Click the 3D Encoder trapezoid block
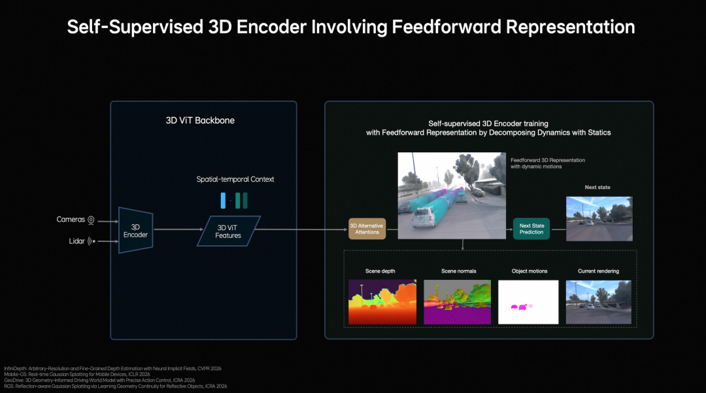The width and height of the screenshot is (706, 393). [135, 230]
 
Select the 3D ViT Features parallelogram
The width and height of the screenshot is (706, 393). [229, 231]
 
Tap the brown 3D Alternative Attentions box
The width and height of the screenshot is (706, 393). [367, 228]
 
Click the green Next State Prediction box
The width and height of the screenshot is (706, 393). [531, 228]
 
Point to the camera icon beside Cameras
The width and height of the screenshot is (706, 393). [92, 220]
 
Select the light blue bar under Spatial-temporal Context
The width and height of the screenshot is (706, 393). [223, 201]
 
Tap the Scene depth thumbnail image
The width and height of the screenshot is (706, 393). [382, 302]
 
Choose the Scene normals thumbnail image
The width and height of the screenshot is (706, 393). [457, 302]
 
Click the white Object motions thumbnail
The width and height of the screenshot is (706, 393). [528, 302]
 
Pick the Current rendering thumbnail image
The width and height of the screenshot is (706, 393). [598, 302]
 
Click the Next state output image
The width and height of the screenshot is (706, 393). [598, 218]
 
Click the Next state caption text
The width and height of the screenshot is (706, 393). [597, 188]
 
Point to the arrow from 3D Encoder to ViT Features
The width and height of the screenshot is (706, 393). [176, 230]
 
